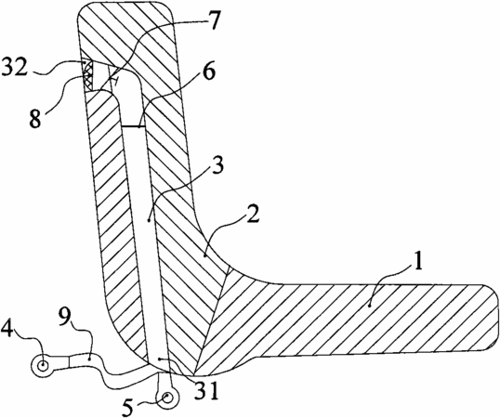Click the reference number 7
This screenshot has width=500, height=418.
coord(213,20)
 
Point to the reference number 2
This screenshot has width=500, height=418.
coord(252,216)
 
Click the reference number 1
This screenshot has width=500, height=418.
coord(416,260)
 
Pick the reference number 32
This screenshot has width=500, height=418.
coord(15,66)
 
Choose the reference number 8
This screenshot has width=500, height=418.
coord(35,119)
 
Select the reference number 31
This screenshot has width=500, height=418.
coord(207,390)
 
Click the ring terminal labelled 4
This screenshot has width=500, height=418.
coord(43,365)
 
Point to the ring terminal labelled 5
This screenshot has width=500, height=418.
coord(167,398)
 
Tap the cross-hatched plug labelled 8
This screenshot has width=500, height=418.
coord(88,75)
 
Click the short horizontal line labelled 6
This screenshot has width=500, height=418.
coord(133,127)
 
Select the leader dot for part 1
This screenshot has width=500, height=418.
coord(369,306)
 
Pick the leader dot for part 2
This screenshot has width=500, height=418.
coord(204,255)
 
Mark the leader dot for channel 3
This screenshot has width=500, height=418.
coord(149,220)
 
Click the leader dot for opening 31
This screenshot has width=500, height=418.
coord(160,359)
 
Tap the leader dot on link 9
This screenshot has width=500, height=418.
coord(90,359)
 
